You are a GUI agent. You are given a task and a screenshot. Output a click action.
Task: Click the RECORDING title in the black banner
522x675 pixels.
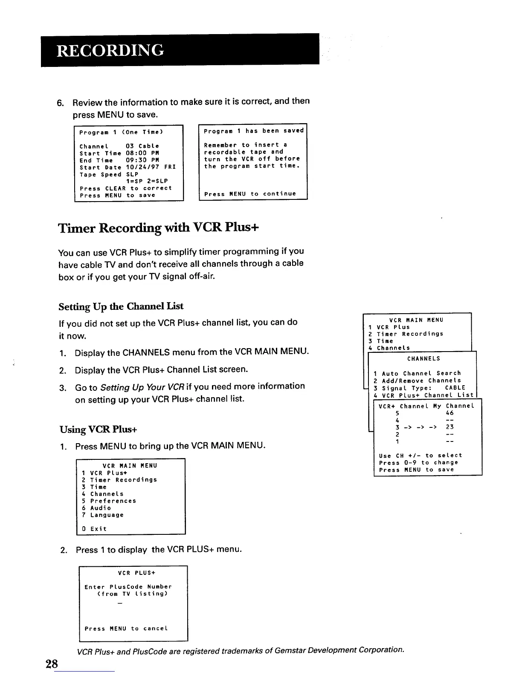[110, 50]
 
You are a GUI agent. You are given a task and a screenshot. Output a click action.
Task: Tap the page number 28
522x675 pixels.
[52, 663]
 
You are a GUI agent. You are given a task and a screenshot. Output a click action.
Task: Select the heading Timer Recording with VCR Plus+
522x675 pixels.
[159, 228]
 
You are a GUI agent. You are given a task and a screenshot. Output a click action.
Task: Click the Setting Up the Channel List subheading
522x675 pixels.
[121, 306]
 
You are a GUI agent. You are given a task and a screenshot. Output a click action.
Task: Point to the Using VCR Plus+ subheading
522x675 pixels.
[98, 429]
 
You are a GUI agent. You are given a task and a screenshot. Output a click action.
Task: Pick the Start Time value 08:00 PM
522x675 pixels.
[142, 153]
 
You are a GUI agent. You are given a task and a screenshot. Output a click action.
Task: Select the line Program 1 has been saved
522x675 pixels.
[254, 131]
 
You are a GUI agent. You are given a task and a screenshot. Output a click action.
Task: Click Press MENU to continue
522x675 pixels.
[250, 194]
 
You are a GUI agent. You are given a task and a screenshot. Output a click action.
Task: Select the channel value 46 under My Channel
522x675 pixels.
[449, 413]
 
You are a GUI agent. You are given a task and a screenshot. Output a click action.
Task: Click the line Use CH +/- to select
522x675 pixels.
[420, 456]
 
